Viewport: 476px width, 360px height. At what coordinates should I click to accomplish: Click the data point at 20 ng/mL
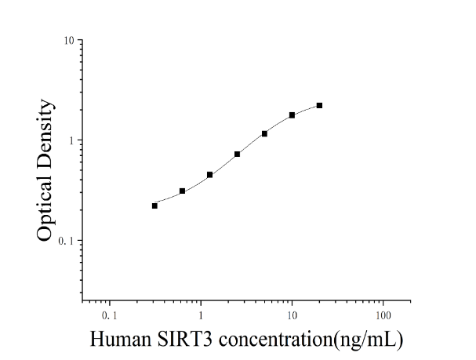pos(319,106)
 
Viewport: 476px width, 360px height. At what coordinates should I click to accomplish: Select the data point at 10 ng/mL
pos(292,115)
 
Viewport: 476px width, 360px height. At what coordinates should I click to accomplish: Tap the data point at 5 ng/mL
pos(264,133)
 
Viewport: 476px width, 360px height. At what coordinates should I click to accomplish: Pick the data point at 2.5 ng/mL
pos(237,155)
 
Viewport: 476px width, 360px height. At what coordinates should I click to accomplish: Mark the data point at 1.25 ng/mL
pos(209,175)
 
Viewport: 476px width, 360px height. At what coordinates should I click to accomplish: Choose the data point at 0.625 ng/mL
pos(182,191)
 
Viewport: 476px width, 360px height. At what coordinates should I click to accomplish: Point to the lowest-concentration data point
pos(154,205)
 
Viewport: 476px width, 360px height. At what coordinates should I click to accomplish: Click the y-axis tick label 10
pos(69,40)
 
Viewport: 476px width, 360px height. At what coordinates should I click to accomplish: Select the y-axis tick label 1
pos(71,140)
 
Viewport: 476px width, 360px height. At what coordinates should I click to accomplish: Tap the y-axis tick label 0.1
pos(66,241)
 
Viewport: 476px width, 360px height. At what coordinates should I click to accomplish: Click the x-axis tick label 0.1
pos(109,315)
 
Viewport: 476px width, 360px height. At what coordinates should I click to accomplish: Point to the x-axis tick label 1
pos(201,315)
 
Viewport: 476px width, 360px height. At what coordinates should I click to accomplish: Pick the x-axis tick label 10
pos(292,315)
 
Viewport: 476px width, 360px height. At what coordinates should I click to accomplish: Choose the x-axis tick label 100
pos(383,315)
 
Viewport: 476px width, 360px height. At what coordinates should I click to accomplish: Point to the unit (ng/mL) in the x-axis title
pos(368,340)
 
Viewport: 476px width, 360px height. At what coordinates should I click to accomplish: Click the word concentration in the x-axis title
pos(276,339)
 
